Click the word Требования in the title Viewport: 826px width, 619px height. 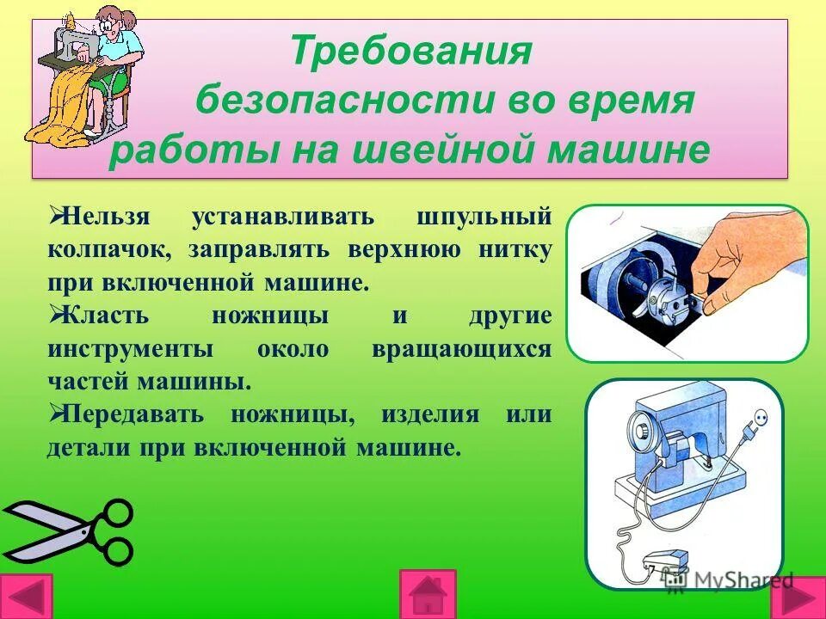tap(411, 52)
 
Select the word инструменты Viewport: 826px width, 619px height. tap(127, 349)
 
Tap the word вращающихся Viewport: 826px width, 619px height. tap(462, 349)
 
